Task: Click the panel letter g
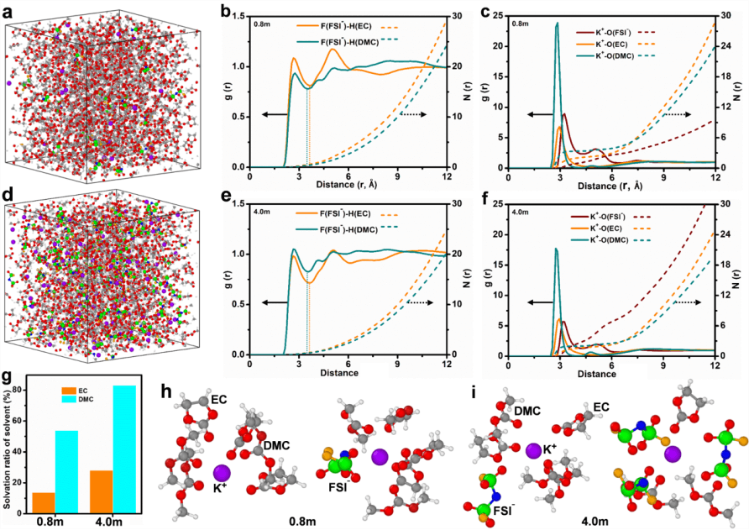7,379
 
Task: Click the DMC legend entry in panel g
67,401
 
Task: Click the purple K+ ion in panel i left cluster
532,451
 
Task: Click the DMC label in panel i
526,410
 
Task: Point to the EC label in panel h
219,400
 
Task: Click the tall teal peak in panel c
557,25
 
